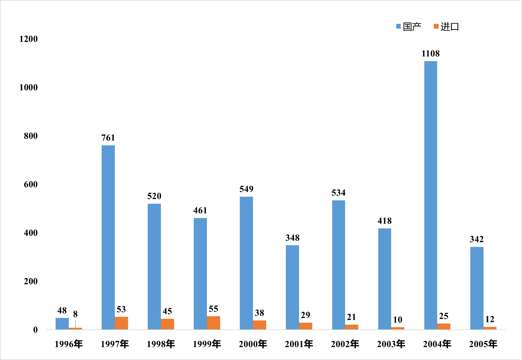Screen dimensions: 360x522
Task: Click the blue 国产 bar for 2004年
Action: click(x=430, y=195)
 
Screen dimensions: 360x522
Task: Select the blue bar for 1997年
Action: click(x=108, y=237)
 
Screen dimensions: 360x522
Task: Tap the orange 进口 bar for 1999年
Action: click(x=213, y=323)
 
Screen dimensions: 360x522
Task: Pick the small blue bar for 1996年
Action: click(x=62, y=324)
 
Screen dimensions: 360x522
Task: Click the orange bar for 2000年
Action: click(x=259, y=325)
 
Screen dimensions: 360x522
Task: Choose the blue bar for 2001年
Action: click(x=292, y=287)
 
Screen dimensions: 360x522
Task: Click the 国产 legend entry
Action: click(x=409, y=27)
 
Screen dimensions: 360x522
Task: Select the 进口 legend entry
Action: click(x=446, y=27)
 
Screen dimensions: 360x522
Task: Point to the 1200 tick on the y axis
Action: click(x=28, y=39)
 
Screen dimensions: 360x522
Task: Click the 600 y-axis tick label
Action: click(x=31, y=184)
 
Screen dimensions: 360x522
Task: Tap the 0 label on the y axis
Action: click(x=35, y=330)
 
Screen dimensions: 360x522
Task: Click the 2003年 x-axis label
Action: click(x=391, y=344)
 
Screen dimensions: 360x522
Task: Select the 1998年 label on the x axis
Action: click(x=161, y=344)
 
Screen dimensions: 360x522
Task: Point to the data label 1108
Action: click(x=430, y=54)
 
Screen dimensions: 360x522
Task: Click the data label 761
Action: click(x=108, y=138)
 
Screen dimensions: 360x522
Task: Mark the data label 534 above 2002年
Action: click(x=338, y=193)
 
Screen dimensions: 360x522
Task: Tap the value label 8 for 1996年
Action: click(x=75, y=314)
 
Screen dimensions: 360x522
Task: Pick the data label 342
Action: click(x=477, y=239)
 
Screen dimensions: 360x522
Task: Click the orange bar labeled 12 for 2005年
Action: click(x=490, y=328)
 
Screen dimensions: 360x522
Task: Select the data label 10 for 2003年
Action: click(x=398, y=320)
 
